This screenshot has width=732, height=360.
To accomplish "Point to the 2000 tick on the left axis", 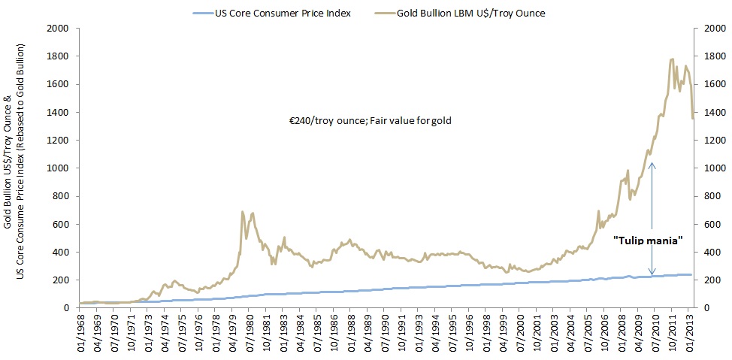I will click(x=58, y=29).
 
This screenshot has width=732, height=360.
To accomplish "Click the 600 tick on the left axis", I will click(x=61, y=224).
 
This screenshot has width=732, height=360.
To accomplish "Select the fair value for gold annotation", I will click(x=370, y=120).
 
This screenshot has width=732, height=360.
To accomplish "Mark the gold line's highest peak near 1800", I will click(x=671, y=59).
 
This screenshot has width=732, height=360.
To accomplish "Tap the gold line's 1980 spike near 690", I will click(x=242, y=212).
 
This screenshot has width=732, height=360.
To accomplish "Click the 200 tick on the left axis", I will click(x=61, y=280).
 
